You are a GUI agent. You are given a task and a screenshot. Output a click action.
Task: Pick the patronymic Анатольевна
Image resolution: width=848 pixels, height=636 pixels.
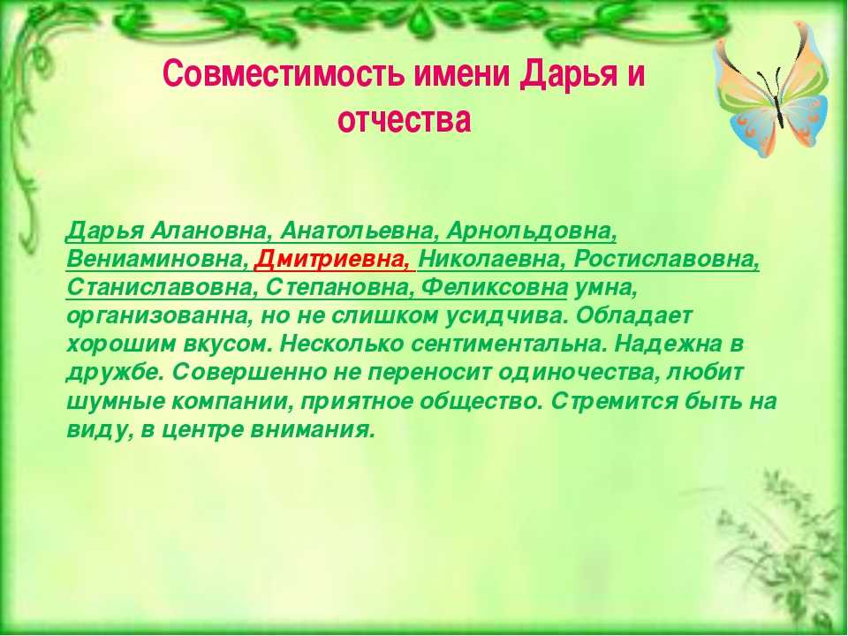(358, 231)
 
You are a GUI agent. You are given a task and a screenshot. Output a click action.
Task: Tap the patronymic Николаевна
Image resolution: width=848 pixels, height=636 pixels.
(490, 260)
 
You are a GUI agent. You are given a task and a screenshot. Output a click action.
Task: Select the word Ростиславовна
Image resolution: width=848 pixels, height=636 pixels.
(666, 260)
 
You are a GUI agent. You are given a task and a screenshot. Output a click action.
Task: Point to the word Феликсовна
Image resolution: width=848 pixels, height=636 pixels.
(494, 288)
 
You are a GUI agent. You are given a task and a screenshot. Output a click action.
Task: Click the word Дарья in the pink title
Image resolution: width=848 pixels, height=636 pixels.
(568, 74)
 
